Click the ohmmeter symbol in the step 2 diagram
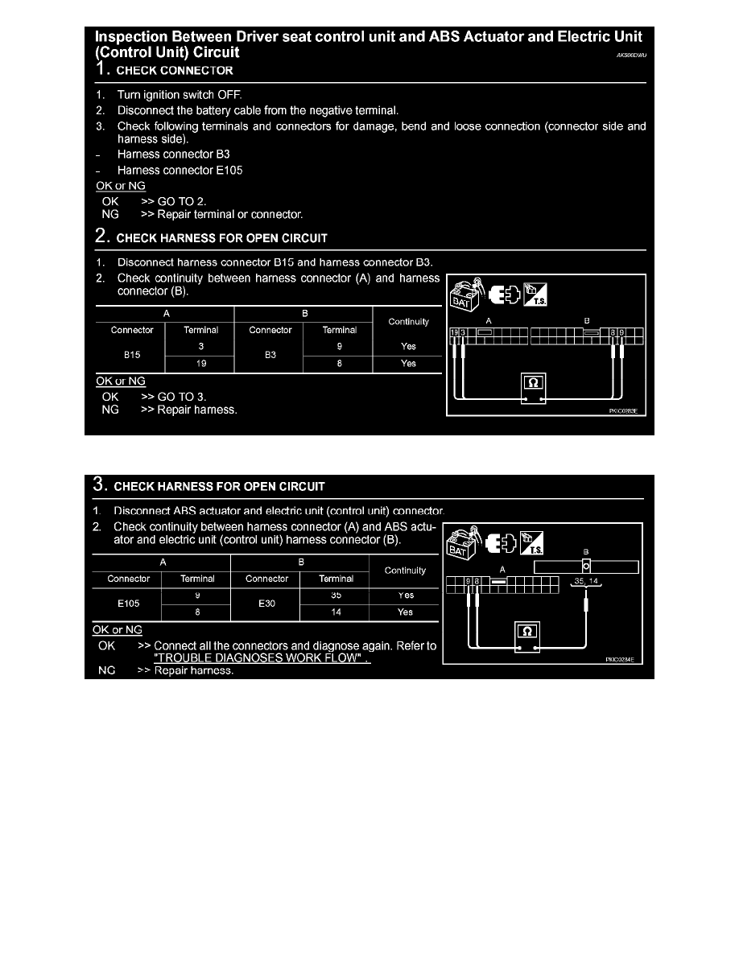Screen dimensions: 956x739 [533, 383]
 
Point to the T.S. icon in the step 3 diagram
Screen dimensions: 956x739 [533, 545]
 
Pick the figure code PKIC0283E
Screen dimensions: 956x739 [623, 410]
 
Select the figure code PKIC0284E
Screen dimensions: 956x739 [620, 659]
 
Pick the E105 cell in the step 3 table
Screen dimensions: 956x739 [128, 604]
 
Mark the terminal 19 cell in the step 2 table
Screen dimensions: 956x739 [200, 363]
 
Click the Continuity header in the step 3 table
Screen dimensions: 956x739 [405, 571]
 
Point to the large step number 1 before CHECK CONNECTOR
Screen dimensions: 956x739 [101, 69]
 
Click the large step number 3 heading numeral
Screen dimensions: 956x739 [99, 485]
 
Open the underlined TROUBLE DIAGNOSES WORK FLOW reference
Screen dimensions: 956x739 [262, 657]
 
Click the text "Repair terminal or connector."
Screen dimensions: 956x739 [230, 215]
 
